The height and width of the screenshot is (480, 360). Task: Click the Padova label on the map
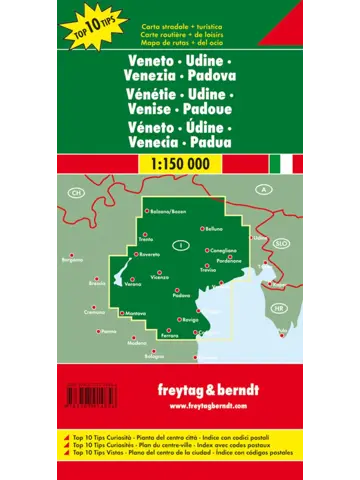pos(182,296)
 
